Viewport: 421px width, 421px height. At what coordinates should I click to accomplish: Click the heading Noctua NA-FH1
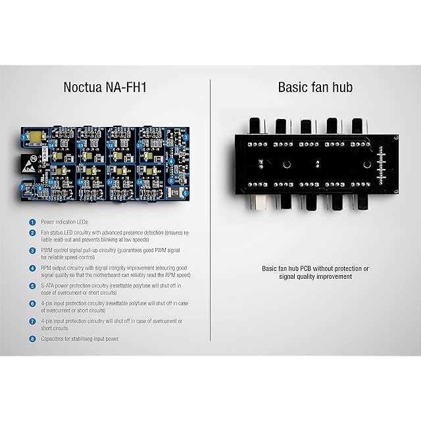(x=105, y=87)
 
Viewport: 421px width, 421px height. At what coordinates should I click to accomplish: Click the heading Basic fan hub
(x=316, y=87)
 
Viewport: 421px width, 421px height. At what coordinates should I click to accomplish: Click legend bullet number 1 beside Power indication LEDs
(x=32, y=222)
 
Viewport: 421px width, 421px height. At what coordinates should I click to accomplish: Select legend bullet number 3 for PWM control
(x=32, y=251)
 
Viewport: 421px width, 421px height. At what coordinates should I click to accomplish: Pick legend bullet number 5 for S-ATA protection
(x=32, y=286)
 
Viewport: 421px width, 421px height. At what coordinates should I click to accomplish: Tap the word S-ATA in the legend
(x=50, y=286)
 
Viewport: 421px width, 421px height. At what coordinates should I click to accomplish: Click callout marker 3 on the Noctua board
(x=186, y=137)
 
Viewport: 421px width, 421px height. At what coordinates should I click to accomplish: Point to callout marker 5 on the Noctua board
(x=186, y=192)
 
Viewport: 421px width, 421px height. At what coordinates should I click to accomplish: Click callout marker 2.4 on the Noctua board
(x=139, y=144)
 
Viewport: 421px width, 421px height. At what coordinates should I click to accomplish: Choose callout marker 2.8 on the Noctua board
(x=139, y=181)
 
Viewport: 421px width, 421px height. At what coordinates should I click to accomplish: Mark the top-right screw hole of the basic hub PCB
(x=396, y=136)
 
